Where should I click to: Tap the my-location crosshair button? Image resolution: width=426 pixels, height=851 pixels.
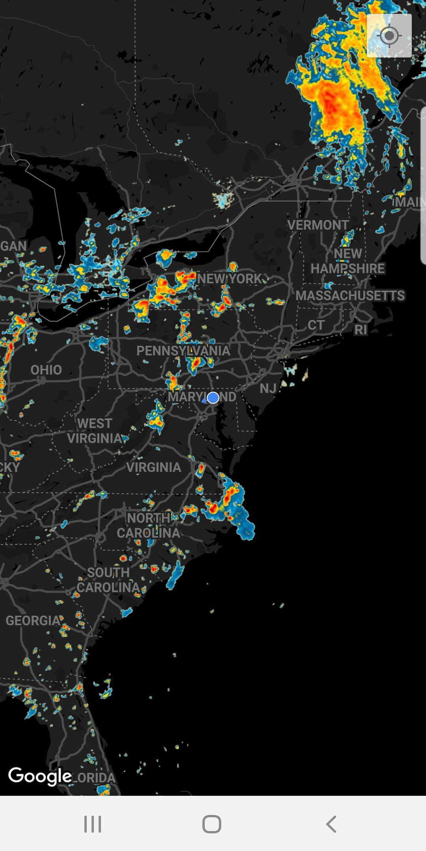tap(389, 36)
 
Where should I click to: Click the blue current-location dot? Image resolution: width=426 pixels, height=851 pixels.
tap(213, 398)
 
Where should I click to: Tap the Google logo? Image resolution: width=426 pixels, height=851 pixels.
tap(40, 776)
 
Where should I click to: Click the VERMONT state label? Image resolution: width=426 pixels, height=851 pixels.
tap(318, 225)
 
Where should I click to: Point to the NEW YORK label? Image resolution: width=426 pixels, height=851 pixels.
tap(230, 279)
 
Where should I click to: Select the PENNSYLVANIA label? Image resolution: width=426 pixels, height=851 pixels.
tap(183, 351)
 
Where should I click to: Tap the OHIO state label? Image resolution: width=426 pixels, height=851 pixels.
tap(46, 370)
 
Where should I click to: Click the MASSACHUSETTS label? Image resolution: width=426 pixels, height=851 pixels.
tap(350, 295)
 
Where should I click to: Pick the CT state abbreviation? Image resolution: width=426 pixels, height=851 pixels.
tap(316, 325)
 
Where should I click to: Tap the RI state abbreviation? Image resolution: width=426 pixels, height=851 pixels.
tap(361, 330)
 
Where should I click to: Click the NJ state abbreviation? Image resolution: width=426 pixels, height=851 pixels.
tap(268, 388)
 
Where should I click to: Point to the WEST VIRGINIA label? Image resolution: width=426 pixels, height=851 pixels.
tap(95, 431)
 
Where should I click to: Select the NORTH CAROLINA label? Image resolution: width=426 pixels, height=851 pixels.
tap(148, 525)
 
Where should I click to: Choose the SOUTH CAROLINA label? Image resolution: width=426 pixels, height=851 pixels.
tap(108, 580)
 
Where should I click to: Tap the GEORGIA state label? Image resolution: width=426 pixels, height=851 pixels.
tap(33, 621)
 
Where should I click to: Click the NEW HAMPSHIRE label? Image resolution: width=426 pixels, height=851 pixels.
tap(348, 261)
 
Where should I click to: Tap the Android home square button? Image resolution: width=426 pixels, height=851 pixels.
tap(212, 824)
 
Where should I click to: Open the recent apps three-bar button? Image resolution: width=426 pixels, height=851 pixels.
tap(93, 824)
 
